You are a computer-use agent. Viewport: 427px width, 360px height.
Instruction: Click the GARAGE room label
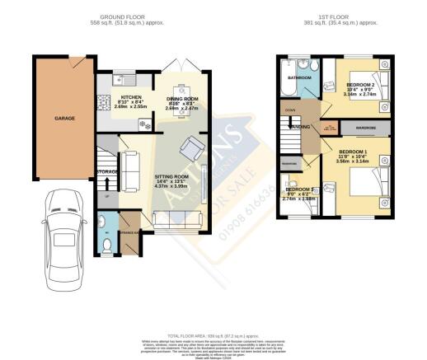coord(65,118)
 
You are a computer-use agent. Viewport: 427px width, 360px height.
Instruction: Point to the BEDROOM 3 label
coord(298,189)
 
